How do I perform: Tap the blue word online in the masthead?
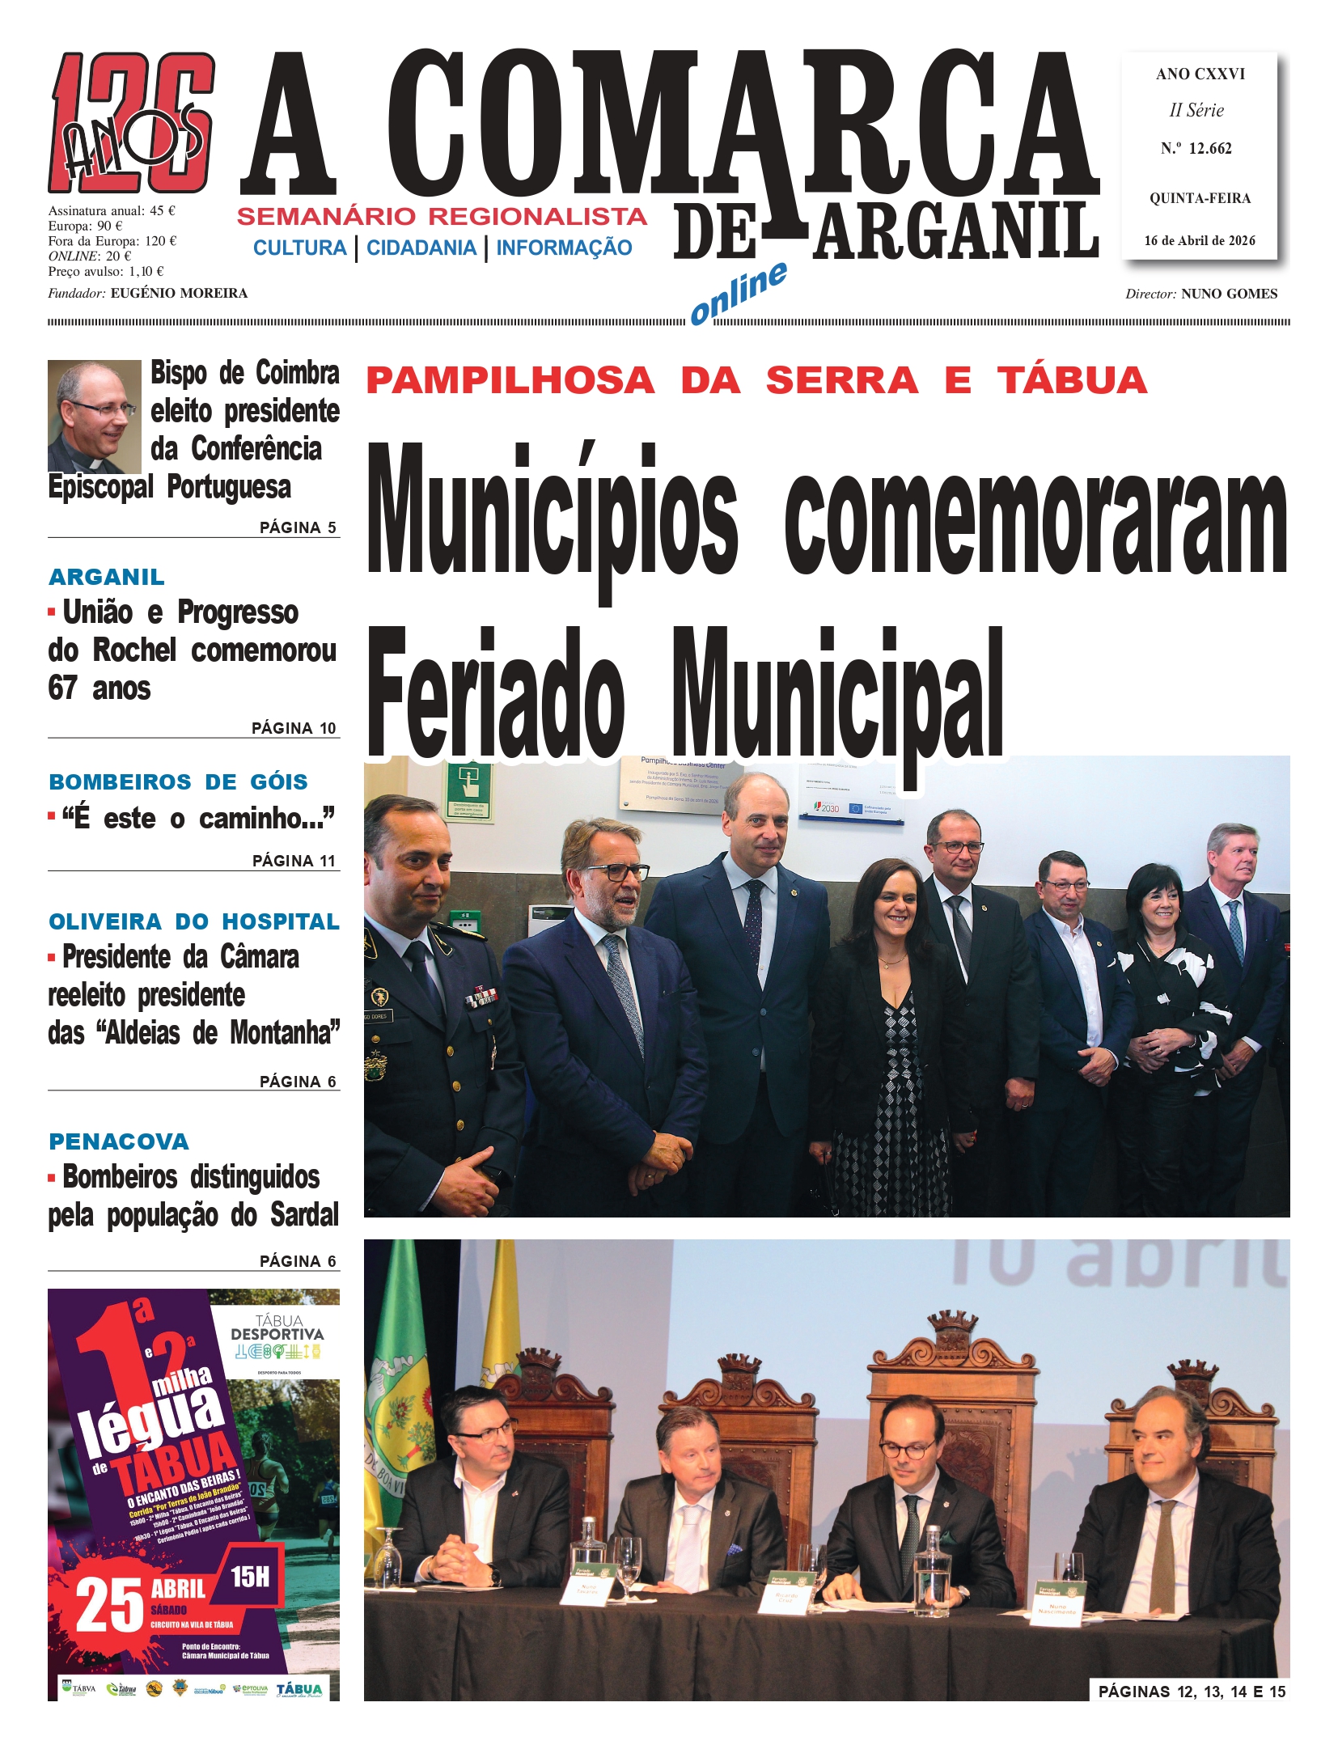tap(738, 293)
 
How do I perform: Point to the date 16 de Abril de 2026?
tap(1199, 240)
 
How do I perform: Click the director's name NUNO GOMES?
tap(1229, 294)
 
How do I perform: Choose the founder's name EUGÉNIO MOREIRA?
tap(179, 293)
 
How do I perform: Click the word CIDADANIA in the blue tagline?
tap(421, 248)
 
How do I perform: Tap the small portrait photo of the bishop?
tap(94, 416)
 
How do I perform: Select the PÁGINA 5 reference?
tap(297, 527)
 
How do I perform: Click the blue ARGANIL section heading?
tap(107, 577)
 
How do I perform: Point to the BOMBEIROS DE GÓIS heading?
tap(178, 781)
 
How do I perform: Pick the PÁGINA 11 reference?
tap(294, 861)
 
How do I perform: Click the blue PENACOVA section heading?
tap(119, 1141)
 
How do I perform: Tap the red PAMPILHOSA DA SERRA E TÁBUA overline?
tap(756, 381)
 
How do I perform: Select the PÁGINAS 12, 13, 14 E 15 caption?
tap(1191, 1692)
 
